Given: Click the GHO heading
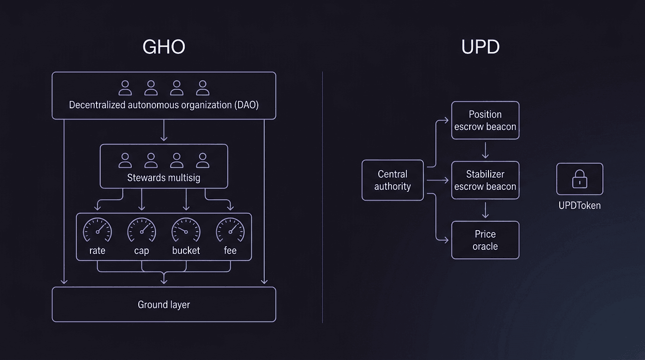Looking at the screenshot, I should pos(164,47).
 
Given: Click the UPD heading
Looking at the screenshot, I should pos(480,47).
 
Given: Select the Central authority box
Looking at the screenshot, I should pos(393,180).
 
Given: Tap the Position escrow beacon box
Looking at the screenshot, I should pos(485,120).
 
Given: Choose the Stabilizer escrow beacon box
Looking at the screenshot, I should pos(485,180).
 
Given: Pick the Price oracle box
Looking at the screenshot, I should pos(485,240).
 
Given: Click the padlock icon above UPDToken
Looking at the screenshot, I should pos(580,179).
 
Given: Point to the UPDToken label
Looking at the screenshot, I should pos(580,205).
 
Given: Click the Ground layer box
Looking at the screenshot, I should pos(164,305).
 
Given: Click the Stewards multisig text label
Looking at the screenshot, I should pos(164,178).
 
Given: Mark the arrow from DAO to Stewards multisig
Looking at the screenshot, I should pos(164,131).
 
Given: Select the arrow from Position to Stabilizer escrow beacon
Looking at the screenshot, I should pos(485,150).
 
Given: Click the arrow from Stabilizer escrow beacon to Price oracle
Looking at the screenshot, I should pos(485,210).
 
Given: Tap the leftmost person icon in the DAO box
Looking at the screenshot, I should pos(125,88).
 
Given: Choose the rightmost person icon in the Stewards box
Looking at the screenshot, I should pos(202,160).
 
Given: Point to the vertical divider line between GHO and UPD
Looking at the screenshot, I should pos(322,197).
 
